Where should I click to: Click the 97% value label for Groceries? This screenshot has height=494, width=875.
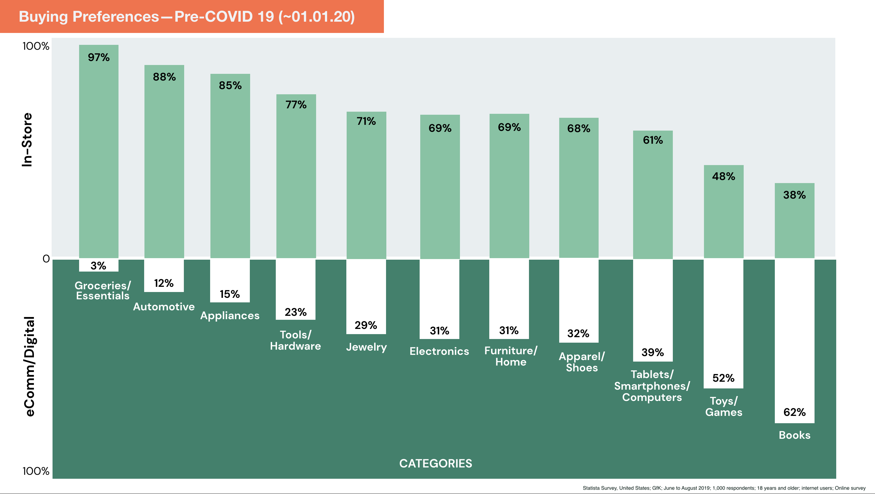click(99, 57)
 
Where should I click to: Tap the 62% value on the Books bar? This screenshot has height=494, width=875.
click(794, 412)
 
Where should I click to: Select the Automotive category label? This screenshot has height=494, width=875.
click(164, 306)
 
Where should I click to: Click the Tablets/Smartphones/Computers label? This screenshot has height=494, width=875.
click(652, 386)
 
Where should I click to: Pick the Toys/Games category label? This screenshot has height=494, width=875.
click(724, 406)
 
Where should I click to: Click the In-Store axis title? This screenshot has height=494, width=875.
click(27, 140)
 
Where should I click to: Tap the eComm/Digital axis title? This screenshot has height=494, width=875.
click(30, 366)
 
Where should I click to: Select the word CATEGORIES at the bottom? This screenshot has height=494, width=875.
click(436, 463)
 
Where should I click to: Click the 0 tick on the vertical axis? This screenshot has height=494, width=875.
click(46, 259)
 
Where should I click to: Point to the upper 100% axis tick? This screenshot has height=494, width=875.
click(36, 46)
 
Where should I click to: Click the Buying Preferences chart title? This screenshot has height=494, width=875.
click(187, 16)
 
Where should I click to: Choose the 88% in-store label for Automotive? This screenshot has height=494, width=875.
click(164, 77)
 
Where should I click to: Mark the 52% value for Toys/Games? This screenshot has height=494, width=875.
click(723, 378)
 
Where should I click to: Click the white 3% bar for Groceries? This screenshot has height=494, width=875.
click(99, 265)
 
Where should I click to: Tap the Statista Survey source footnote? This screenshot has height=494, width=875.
click(724, 488)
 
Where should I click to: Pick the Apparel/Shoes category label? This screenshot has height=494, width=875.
click(582, 362)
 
